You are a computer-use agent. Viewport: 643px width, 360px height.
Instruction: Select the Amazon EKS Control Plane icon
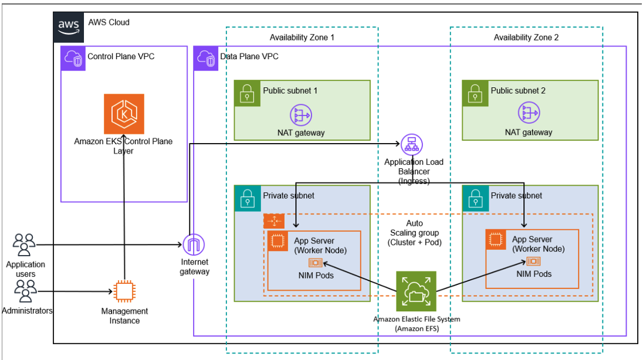123,114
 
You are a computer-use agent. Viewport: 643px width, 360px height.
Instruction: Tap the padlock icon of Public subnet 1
246,92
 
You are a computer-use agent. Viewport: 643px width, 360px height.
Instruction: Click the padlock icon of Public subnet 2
473,92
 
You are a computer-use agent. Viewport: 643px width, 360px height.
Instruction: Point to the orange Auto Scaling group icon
273,221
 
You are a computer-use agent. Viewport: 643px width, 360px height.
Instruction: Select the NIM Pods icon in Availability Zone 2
534,261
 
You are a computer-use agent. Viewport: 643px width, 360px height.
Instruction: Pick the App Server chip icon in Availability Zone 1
277,241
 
